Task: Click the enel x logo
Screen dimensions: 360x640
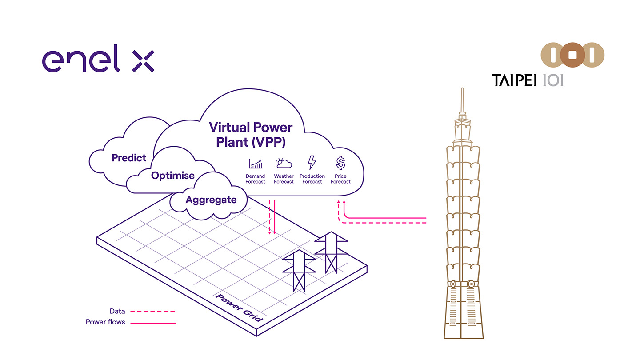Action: point(98,61)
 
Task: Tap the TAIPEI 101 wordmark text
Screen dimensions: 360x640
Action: point(528,80)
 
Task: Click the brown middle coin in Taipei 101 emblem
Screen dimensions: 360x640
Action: point(572,56)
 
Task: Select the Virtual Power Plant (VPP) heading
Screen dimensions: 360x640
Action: point(251,135)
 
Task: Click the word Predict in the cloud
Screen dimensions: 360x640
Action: point(129,158)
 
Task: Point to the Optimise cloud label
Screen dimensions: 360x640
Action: point(173,176)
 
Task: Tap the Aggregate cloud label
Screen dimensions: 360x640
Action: point(211,200)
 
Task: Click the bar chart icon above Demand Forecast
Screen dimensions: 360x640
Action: point(255,164)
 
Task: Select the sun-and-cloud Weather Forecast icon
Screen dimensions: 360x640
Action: point(284,164)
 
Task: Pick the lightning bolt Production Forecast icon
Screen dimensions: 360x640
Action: point(312,163)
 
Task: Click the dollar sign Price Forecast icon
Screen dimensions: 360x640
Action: point(340,163)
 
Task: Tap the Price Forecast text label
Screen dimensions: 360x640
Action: point(340,179)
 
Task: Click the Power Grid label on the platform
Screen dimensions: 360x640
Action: point(240,308)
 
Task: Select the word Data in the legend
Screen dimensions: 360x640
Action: point(117,311)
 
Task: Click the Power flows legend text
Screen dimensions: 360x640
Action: point(105,322)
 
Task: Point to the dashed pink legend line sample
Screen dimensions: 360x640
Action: point(153,311)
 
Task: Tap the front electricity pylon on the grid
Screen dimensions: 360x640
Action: point(299,270)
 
